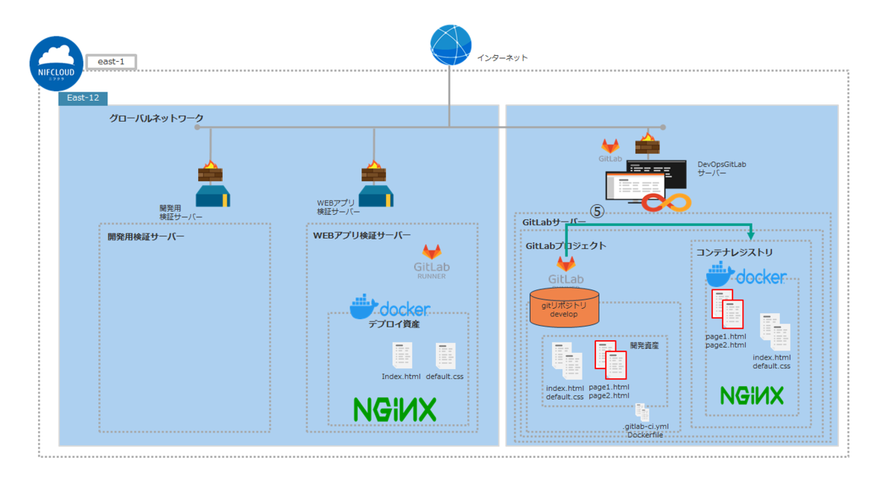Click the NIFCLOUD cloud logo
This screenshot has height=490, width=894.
pyautogui.click(x=57, y=63)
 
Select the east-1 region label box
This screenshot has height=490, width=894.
pyautogui.click(x=111, y=62)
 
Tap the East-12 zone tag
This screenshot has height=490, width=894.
pyautogui.click(x=83, y=98)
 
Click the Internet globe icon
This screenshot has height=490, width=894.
pyautogui.click(x=451, y=44)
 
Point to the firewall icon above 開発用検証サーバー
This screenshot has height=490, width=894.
pyautogui.click(x=210, y=172)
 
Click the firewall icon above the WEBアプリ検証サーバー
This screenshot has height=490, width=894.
pyautogui.click(x=373, y=172)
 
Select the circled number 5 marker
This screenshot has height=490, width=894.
pyautogui.click(x=597, y=212)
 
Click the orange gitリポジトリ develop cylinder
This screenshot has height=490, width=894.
pyautogui.click(x=564, y=308)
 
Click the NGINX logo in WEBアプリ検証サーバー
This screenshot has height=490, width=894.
pyautogui.click(x=395, y=409)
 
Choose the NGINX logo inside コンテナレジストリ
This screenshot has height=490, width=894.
pyautogui.click(x=751, y=395)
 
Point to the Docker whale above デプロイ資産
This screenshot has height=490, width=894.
pyautogui.click(x=365, y=306)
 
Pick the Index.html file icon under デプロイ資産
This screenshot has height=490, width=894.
pyautogui.click(x=402, y=356)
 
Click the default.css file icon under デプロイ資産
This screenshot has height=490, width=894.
pyautogui.click(x=446, y=356)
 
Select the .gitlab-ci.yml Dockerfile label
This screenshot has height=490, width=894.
pyautogui.click(x=645, y=430)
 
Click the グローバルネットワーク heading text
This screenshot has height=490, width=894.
pyautogui.click(x=156, y=119)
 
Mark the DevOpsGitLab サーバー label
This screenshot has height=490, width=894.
pyautogui.click(x=721, y=168)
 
